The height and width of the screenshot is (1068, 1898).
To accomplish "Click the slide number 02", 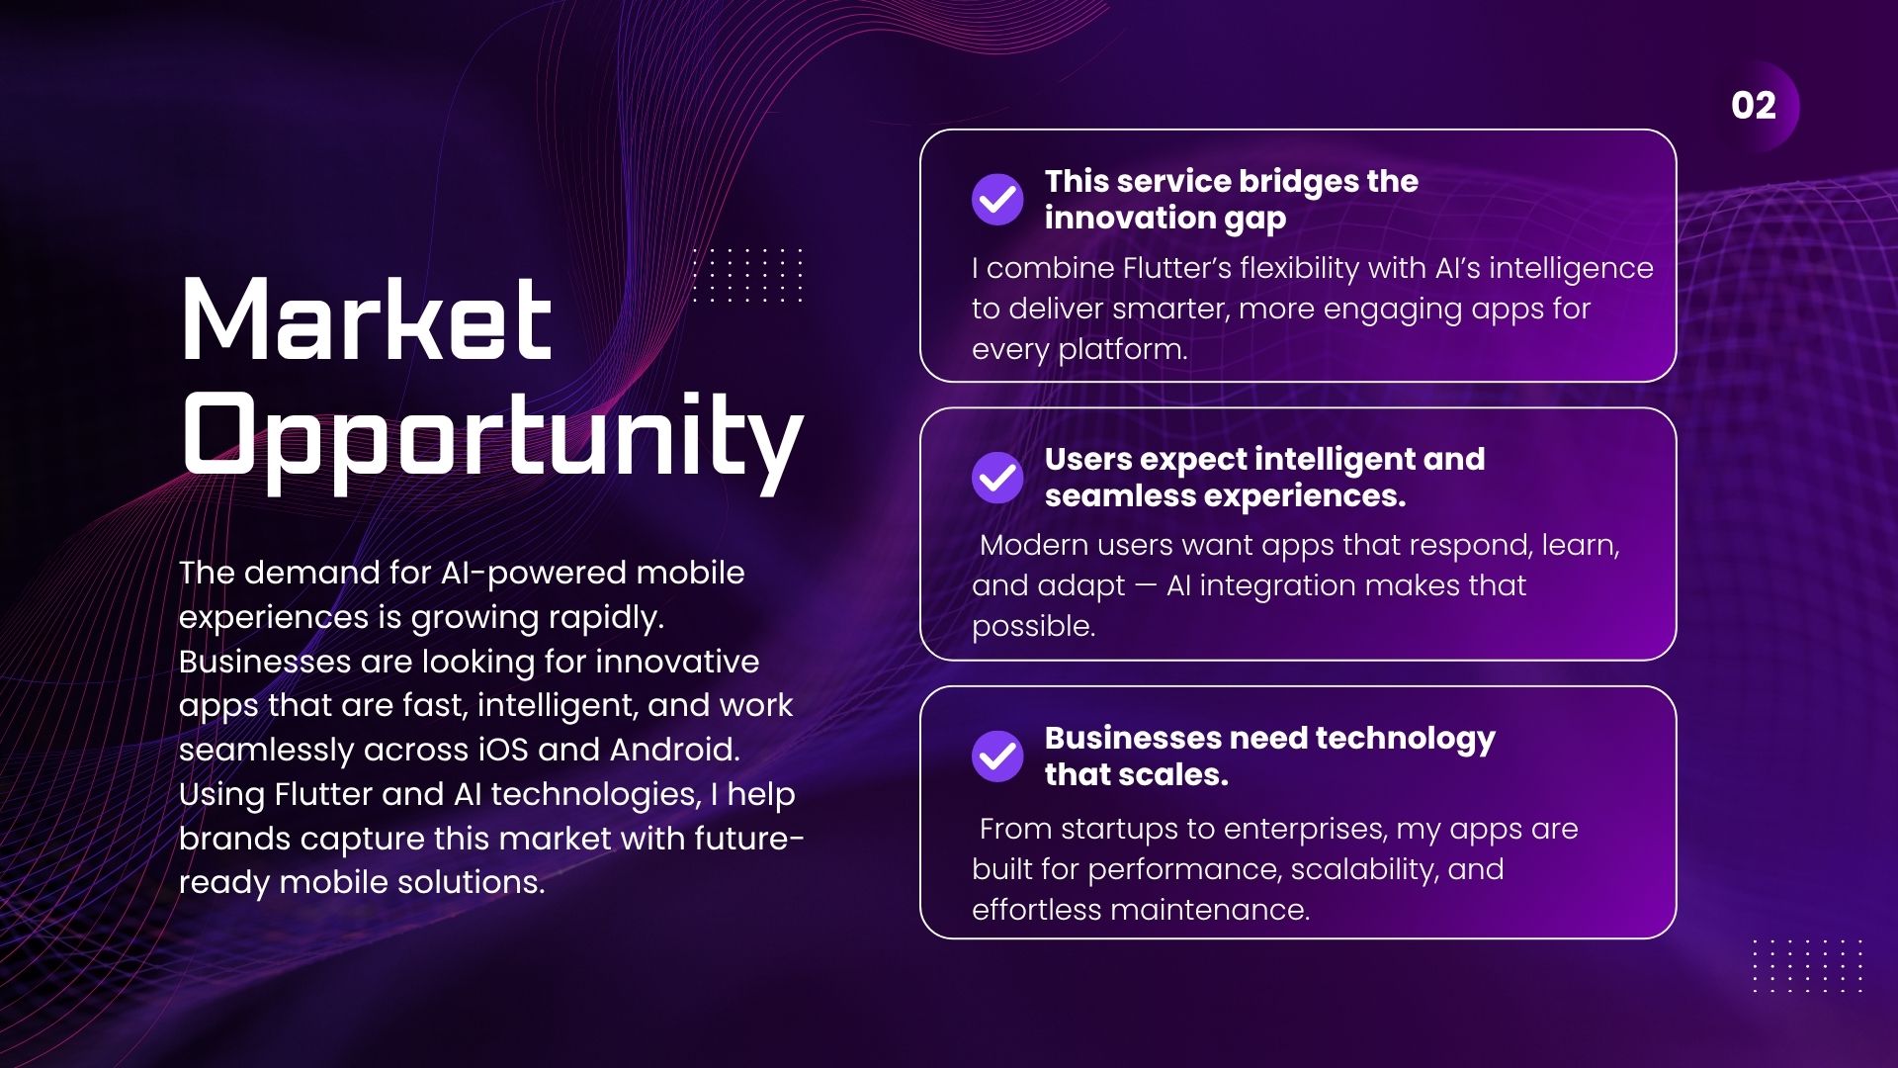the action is tap(1754, 106).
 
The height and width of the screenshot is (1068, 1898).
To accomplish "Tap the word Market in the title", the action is tap(367, 318).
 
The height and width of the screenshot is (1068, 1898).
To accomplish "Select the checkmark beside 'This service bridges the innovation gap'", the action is tap(997, 200).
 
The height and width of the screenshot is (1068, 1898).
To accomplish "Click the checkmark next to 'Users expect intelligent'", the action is tap(997, 478).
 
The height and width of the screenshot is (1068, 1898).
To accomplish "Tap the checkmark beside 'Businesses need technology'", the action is tap(997, 756).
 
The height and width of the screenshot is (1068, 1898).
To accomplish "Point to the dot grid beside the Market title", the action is tap(747, 275).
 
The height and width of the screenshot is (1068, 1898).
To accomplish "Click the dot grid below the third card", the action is tap(1807, 965).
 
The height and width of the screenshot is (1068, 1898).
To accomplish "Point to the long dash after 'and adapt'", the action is tap(1146, 585).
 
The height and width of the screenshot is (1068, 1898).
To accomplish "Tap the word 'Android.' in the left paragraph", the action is tap(674, 750).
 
